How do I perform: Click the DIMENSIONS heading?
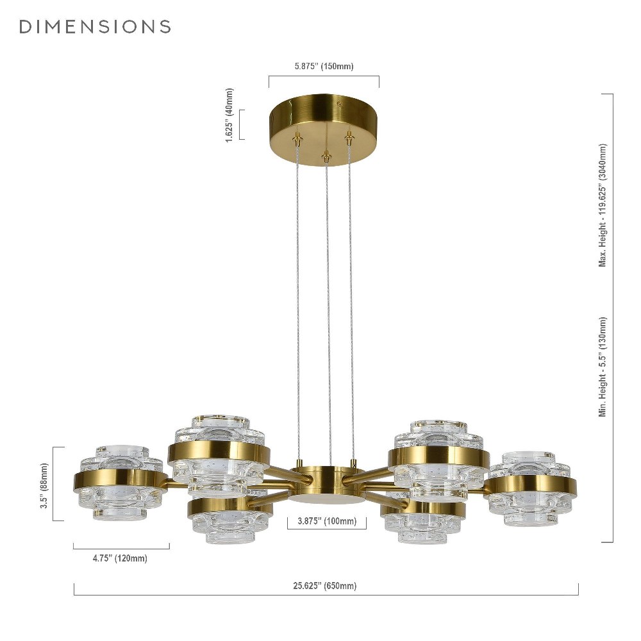[95, 26]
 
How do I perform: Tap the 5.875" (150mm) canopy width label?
[324, 66]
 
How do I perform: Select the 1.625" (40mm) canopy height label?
[229, 115]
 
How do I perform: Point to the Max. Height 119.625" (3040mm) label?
[603, 206]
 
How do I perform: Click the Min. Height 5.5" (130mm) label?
[603, 367]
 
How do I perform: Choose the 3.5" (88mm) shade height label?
[44, 486]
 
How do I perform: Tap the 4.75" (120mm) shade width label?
[120, 558]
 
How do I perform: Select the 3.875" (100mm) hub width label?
[327, 521]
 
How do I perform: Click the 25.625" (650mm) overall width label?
[324, 586]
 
